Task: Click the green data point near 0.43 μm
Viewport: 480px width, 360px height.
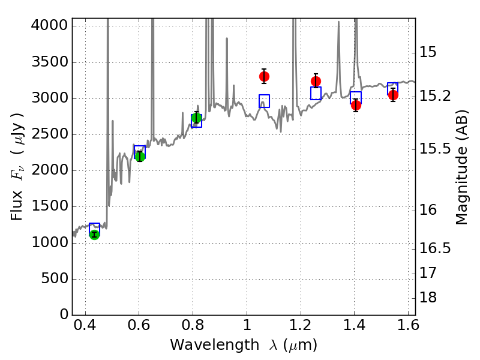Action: (x=94, y=234)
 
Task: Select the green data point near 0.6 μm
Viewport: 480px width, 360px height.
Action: (x=140, y=157)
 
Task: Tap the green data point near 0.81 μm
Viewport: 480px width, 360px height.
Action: (x=196, y=118)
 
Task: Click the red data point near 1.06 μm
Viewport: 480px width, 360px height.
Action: (x=264, y=76)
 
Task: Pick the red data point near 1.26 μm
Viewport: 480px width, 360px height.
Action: (x=316, y=81)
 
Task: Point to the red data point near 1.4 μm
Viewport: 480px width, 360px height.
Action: (x=356, y=105)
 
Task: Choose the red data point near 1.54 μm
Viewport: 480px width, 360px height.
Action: (x=393, y=95)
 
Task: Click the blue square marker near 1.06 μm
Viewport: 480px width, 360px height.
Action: (x=264, y=101)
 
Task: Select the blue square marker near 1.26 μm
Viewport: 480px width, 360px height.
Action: (x=316, y=93)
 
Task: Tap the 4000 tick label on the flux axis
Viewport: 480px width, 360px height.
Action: (x=50, y=26)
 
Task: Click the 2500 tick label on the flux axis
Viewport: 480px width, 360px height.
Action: (x=50, y=134)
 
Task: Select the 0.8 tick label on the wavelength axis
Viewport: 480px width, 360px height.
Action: (x=193, y=327)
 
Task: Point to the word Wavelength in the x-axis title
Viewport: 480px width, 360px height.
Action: (x=206, y=345)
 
